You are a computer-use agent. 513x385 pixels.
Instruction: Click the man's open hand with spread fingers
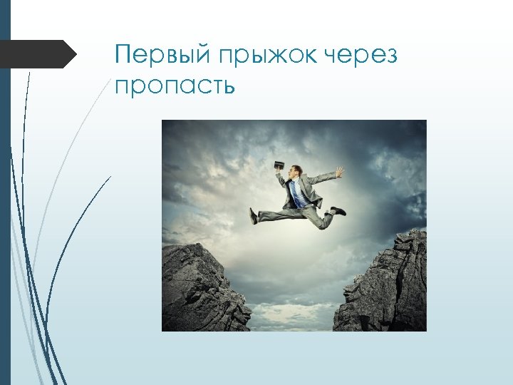point(341,171)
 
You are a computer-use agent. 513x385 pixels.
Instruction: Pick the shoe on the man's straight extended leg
point(253,215)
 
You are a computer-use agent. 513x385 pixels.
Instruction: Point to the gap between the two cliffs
point(292,299)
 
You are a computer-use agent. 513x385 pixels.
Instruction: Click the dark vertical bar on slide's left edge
point(5,192)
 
